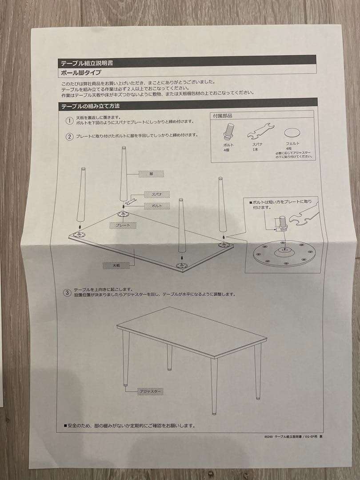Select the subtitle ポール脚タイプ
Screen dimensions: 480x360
click(81, 73)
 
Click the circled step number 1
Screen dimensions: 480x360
click(69, 121)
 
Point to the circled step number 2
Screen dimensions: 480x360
click(69, 136)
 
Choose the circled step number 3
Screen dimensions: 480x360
click(67, 292)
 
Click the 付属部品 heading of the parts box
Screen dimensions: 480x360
click(223, 116)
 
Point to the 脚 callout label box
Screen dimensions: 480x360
click(151, 174)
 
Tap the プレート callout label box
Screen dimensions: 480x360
click(123, 225)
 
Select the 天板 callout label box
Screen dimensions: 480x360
click(115, 265)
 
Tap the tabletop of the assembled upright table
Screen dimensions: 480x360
click(191, 331)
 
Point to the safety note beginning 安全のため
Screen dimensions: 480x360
click(129, 425)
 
